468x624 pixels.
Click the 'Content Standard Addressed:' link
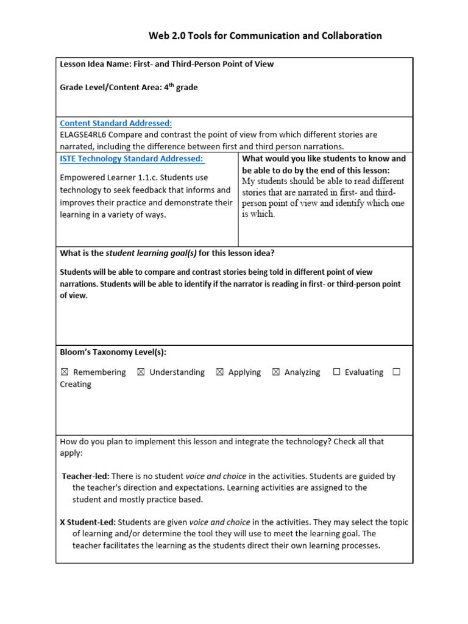coord(116,123)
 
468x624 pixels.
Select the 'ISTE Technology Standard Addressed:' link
coord(132,158)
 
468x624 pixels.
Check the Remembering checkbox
coord(65,372)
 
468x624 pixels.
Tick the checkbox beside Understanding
coord(141,372)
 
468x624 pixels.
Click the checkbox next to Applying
coord(220,372)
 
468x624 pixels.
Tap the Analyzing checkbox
coord(275,372)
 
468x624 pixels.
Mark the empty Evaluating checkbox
coord(336,372)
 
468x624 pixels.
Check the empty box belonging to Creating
coord(397,372)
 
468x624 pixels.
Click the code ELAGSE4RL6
coord(84,135)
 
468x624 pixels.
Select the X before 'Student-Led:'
coord(62,522)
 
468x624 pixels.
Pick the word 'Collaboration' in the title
coord(353,36)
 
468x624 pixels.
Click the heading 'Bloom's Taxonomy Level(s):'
coord(113,352)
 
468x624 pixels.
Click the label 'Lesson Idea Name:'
coord(95,64)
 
